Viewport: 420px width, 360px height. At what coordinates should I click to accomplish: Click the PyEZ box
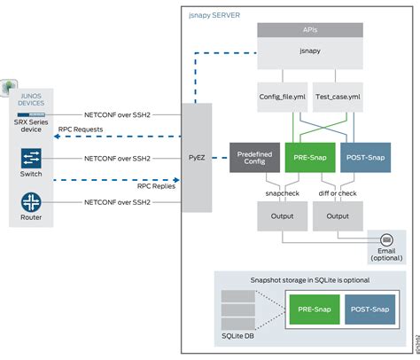tap(197, 158)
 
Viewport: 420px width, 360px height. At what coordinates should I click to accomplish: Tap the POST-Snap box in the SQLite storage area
tap(368, 310)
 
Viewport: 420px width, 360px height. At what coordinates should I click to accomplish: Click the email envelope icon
tap(386, 239)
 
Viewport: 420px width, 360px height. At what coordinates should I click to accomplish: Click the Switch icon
tap(31, 158)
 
